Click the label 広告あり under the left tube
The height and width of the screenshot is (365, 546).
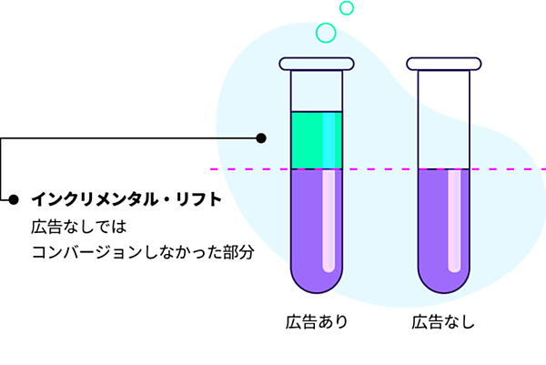316,321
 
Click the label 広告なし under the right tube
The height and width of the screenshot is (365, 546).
443,321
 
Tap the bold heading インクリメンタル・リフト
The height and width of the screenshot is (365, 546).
126,199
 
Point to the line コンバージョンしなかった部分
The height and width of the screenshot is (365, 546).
142,250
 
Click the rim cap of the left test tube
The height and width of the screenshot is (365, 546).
316,64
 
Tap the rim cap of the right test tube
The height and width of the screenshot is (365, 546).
443,64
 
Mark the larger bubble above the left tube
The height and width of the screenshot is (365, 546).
326,33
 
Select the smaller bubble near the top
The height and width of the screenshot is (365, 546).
347,8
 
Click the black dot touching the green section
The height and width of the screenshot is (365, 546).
261,138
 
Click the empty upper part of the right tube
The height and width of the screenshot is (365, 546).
443,118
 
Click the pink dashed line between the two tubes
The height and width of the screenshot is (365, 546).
379,169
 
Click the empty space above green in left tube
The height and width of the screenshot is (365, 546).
316,91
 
